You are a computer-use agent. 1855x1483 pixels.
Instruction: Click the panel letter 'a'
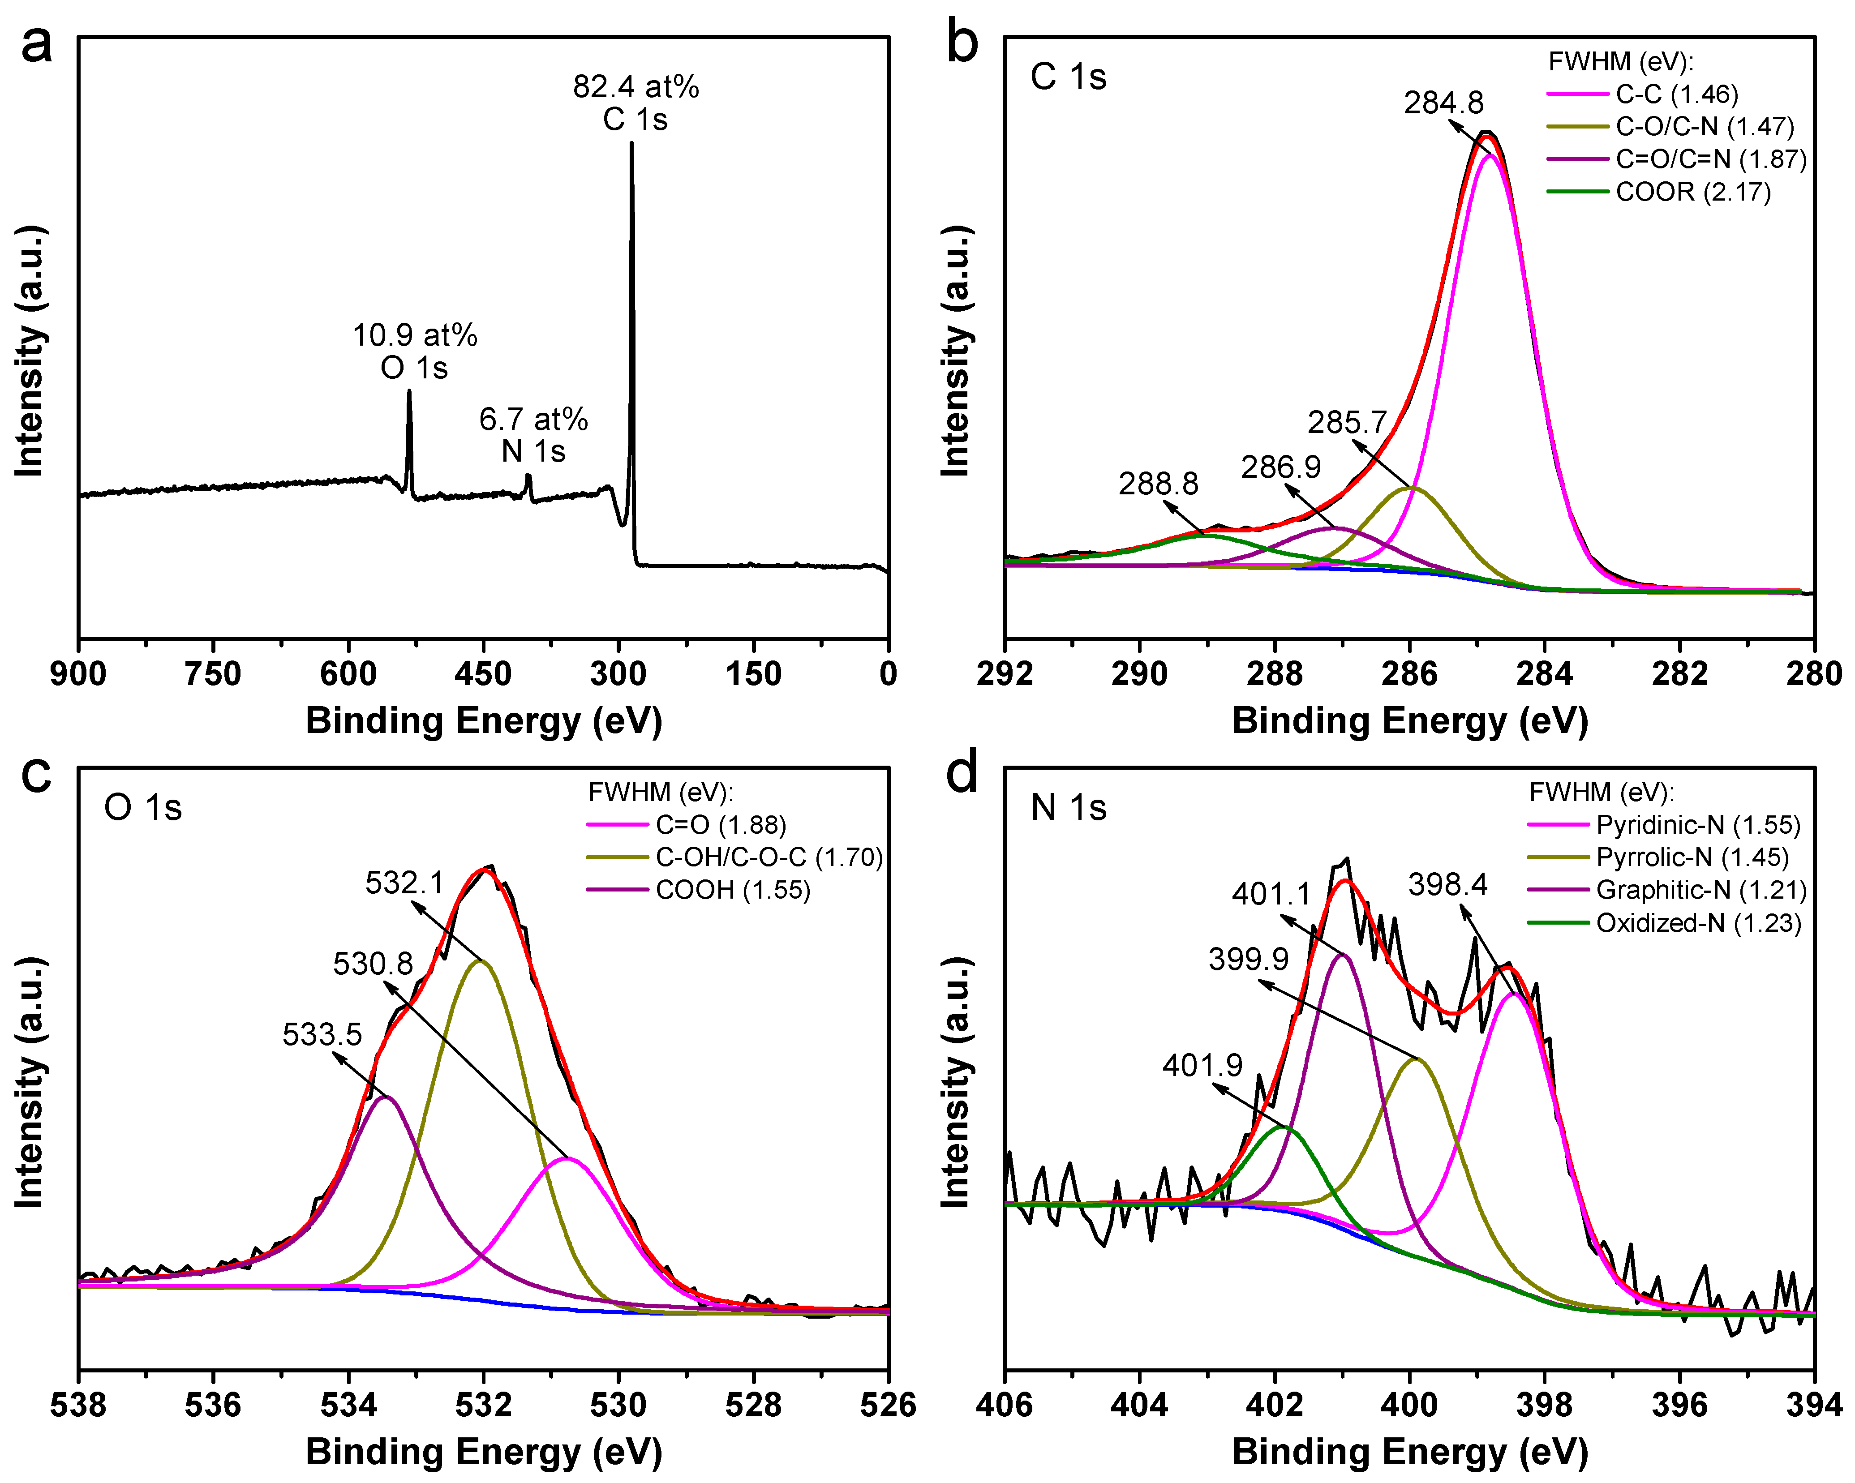pos(36,45)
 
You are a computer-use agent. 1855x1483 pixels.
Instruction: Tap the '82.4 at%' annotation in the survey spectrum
pos(636,87)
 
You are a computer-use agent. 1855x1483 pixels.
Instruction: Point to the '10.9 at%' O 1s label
pos(415,335)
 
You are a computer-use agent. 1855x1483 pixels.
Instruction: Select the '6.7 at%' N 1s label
pos(533,420)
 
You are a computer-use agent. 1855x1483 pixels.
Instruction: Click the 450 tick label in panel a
pos(483,673)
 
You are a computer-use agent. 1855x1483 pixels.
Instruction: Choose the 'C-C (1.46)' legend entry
pos(1676,94)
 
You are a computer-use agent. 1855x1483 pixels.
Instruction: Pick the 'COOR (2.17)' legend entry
pos(1692,192)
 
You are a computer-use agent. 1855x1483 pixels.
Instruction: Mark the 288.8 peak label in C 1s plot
pos(1158,484)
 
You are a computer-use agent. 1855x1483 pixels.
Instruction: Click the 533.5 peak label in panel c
pos(322,1034)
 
